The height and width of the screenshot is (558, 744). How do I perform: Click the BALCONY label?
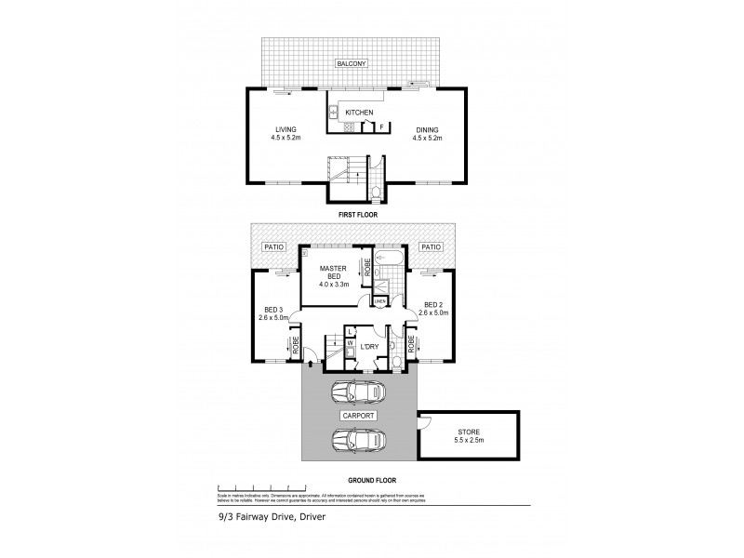click(353, 64)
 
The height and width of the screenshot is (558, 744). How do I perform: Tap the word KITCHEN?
click(359, 113)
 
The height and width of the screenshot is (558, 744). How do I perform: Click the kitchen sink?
click(332, 114)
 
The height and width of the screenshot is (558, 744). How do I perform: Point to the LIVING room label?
click(285, 129)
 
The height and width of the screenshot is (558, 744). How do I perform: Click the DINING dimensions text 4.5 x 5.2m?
click(427, 139)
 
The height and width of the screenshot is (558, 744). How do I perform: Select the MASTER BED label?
click(332, 272)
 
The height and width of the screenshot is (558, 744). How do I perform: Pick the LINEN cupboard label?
click(380, 301)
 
